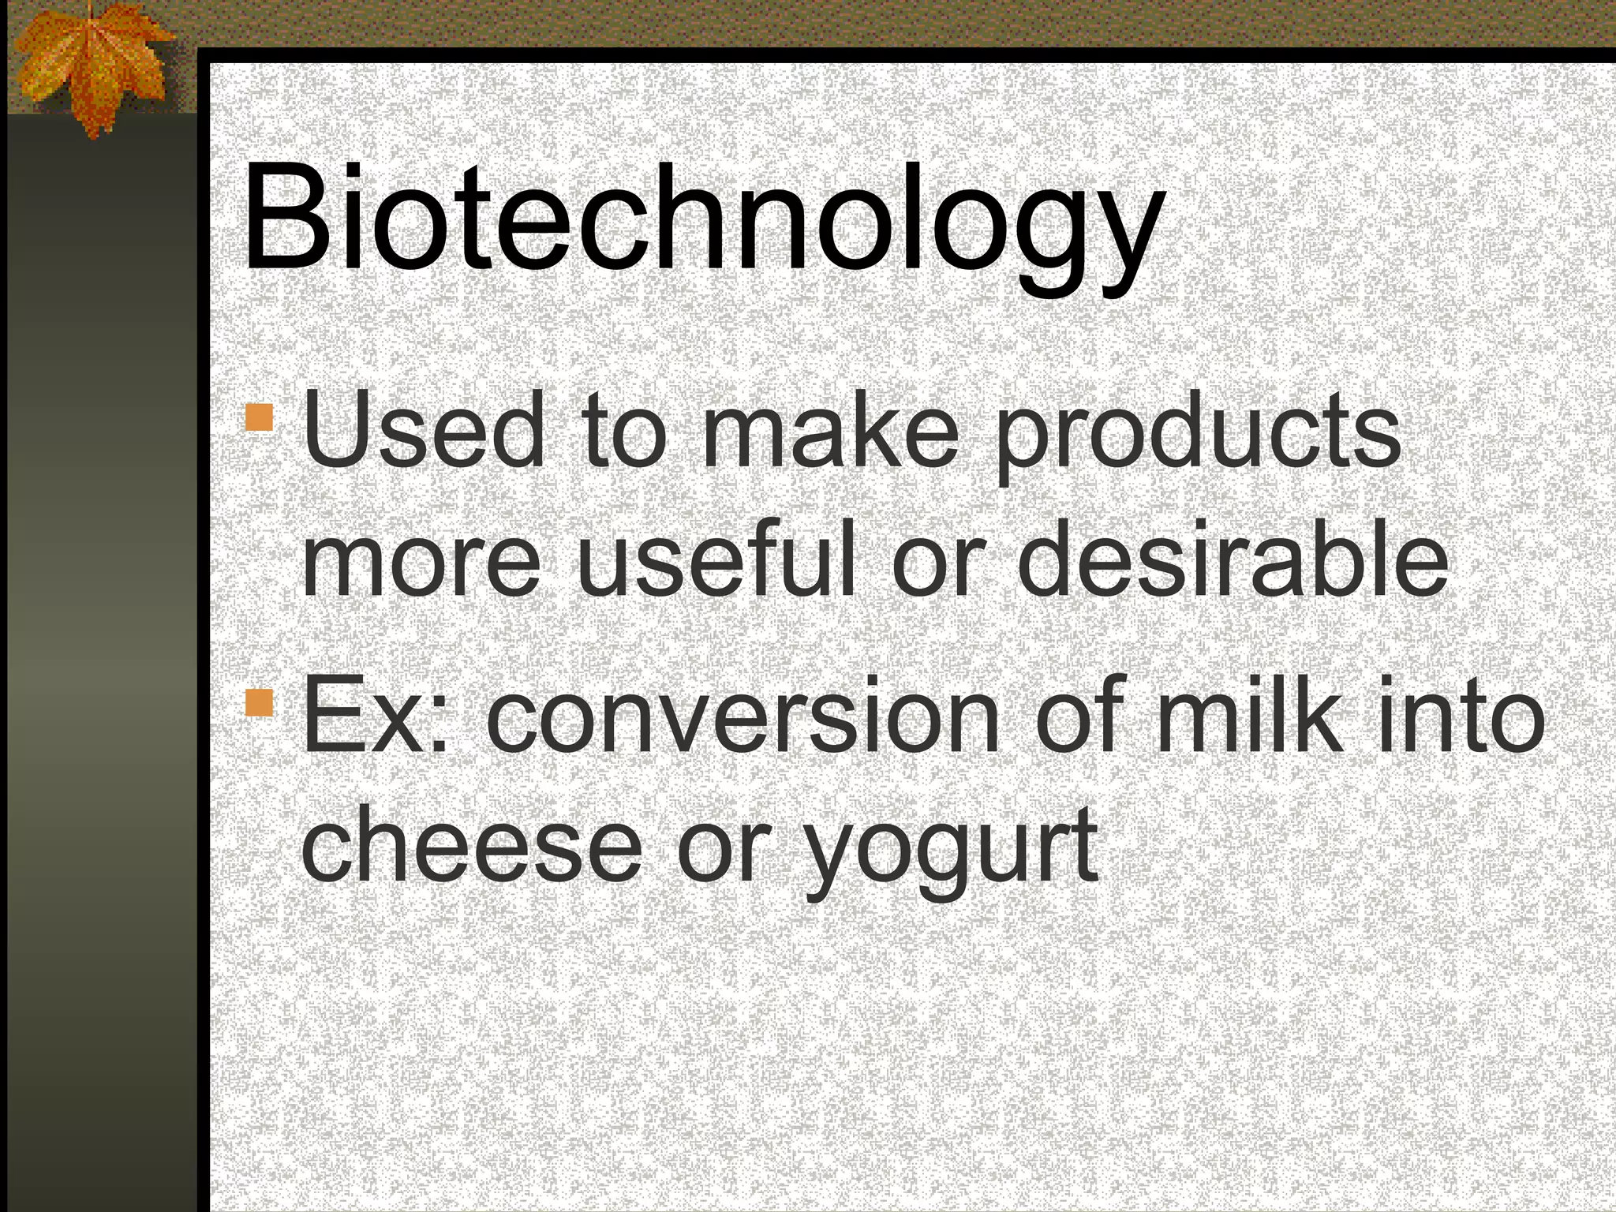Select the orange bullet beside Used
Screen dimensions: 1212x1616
coord(260,417)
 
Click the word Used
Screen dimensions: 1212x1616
coord(424,430)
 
